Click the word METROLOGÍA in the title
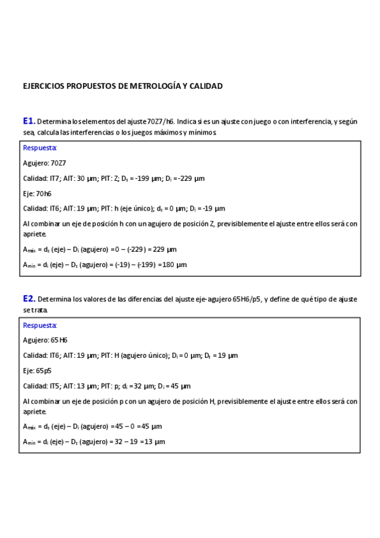click(156, 86)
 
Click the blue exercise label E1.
click(29, 121)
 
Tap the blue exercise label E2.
click(29, 298)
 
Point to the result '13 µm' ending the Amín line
click(155, 442)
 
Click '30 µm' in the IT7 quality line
click(86, 178)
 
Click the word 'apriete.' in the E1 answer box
click(34, 234)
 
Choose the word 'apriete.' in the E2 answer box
click(34, 411)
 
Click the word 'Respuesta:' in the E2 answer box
click(40, 325)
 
